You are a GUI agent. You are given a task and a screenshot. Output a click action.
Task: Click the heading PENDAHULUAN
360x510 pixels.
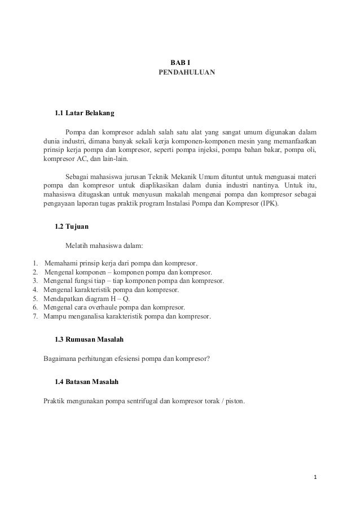186,73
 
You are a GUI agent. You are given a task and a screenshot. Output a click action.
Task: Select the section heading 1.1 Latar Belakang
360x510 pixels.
84,113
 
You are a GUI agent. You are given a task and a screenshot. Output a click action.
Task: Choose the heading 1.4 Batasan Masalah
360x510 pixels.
87,382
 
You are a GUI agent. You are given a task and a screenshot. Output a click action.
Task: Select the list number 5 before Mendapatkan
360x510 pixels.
35,298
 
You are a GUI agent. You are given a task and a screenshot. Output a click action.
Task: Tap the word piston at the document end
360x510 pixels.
234,403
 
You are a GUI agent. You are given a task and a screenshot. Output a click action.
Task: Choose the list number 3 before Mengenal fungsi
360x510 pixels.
35,280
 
